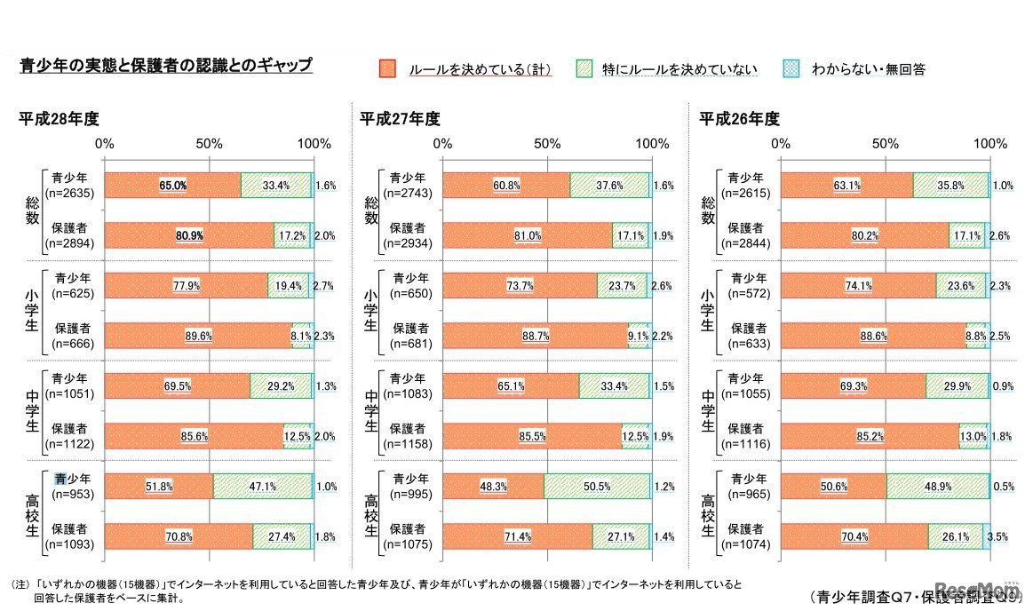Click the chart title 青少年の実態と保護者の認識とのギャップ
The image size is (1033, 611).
pyautogui.click(x=166, y=66)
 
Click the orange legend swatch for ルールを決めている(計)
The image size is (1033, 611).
pyautogui.click(x=386, y=68)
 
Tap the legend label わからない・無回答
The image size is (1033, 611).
pyautogui.click(x=868, y=69)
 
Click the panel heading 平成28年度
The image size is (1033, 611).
pyautogui.click(x=60, y=119)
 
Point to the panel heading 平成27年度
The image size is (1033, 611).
pyautogui.click(x=400, y=119)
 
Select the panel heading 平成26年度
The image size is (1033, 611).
pyautogui.click(x=739, y=119)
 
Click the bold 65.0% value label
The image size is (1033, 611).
pyautogui.click(x=172, y=186)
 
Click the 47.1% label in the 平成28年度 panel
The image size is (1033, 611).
pyautogui.click(x=262, y=487)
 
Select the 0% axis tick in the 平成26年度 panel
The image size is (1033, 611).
pyautogui.click(x=781, y=144)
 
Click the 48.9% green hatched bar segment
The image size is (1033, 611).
pyautogui.click(x=937, y=487)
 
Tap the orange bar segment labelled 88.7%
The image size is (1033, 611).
pyautogui.click(x=536, y=336)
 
